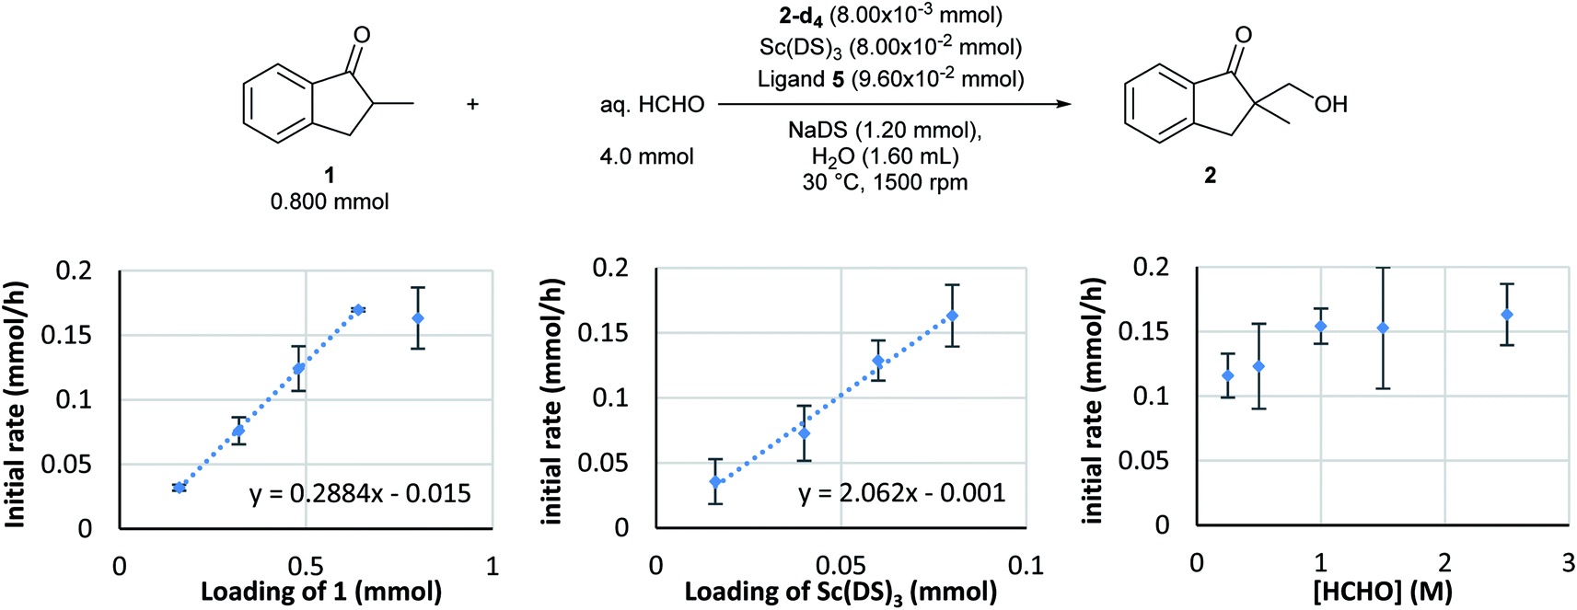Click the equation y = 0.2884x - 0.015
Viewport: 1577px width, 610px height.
pos(360,494)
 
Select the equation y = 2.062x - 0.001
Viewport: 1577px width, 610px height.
pos(901,493)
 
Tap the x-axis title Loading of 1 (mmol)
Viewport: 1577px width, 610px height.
pos(321,591)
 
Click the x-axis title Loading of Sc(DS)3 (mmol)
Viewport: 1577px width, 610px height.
pos(841,592)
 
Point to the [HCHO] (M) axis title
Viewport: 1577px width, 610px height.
pos(1382,592)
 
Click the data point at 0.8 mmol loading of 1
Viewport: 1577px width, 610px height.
pos(418,318)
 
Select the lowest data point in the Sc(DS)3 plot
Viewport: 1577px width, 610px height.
pos(715,481)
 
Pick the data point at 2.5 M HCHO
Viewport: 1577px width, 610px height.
pos(1507,315)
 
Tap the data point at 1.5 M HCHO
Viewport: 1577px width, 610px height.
pos(1383,328)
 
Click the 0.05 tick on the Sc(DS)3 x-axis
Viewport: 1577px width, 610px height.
pos(840,564)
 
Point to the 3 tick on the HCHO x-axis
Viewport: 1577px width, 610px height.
pos(1569,563)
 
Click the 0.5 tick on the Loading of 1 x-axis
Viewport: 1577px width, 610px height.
pos(306,565)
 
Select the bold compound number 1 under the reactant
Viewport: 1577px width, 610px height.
pos(330,175)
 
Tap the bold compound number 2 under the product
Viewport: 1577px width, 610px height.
pos(1211,175)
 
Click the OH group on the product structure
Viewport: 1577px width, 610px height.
pos(1331,105)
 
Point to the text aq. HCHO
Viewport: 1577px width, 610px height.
pos(652,105)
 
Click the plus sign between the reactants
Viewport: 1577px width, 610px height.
pos(472,104)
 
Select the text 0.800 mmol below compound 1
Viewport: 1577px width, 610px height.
pos(330,201)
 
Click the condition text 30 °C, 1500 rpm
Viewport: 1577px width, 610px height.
pos(885,182)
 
